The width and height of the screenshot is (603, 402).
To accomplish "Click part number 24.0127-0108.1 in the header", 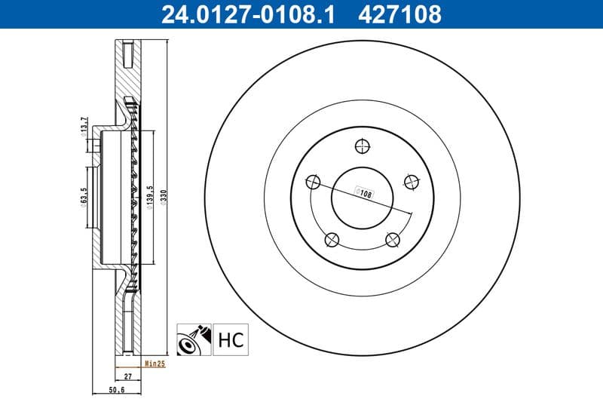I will tap(242, 14).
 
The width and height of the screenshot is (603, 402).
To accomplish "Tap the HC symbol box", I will tap(232, 340).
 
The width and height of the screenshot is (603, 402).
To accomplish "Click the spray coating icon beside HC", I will tap(192, 340).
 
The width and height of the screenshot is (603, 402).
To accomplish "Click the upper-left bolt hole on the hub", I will tap(313, 182).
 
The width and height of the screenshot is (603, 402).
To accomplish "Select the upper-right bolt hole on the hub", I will tap(411, 182).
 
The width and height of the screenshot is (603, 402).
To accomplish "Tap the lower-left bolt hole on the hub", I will tap(331, 240).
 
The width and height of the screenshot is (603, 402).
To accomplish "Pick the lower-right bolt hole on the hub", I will tap(392, 240).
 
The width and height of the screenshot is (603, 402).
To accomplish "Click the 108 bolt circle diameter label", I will tap(366, 194).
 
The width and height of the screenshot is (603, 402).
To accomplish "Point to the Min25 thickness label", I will tap(155, 364).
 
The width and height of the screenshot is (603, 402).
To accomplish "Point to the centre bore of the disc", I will tap(362, 198).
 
